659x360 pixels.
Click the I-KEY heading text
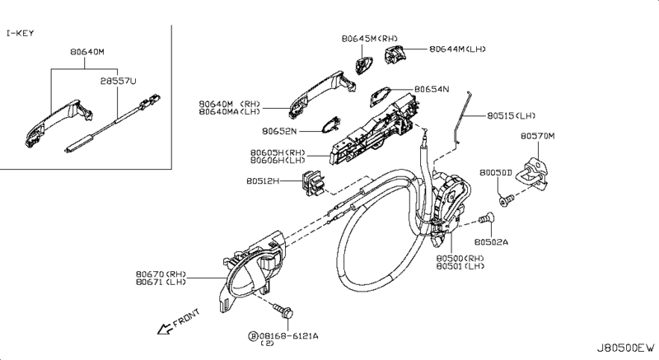click(20, 33)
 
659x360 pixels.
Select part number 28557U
click(118, 81)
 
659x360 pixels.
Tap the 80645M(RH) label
click(369, 39)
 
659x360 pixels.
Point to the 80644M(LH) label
click(457, 49)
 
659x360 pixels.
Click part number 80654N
click(432, 89)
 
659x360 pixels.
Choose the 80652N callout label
click(279, 132)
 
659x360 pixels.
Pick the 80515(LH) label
click(512, 115)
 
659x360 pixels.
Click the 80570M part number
click(538, 136)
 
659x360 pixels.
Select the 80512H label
click(263, 181)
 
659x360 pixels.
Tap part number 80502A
click(491, 242)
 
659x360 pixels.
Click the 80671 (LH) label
click(161, 282)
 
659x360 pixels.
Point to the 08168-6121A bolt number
click(289, 336)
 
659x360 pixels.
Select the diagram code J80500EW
click(626, 348)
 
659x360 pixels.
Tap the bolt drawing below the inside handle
click(283, 311)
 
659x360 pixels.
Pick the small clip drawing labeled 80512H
click(313, 183)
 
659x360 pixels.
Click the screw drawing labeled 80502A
click(487, 218)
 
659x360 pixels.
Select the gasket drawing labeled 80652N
click(331, 124)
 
